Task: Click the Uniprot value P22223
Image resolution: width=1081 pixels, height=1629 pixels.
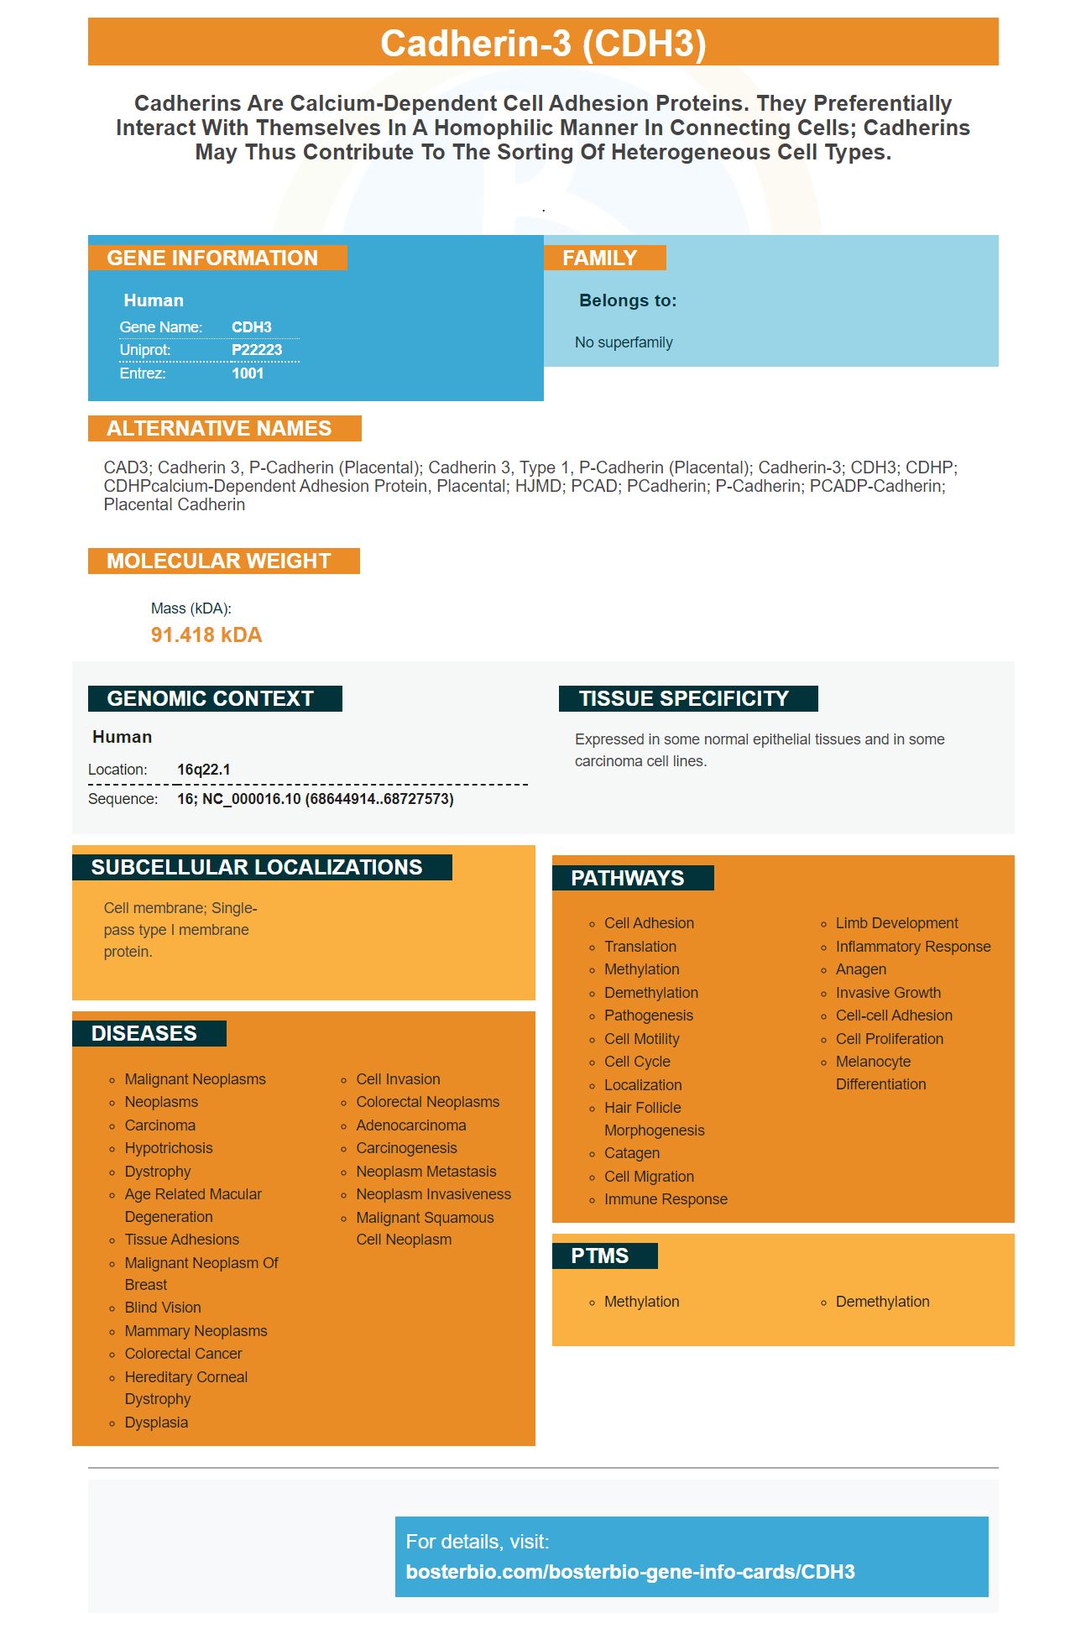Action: pos(257,350)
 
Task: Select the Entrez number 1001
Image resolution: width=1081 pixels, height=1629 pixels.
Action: pos(248,373)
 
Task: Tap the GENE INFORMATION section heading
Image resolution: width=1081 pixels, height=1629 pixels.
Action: pos(212,258)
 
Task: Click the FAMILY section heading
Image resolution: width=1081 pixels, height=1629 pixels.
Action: pos(599,258)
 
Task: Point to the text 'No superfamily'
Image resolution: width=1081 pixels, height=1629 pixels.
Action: pos(624,342)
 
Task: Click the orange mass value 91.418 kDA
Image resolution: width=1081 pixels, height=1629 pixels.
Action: pos(206,634)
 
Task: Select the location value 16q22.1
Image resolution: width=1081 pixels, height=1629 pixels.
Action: pos(204,770)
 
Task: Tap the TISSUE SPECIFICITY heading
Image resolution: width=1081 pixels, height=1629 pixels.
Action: pos(683,698)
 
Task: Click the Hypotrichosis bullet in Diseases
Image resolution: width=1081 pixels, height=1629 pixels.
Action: pos(169,1148)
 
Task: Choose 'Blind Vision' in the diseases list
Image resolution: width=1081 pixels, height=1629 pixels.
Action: pos(163,1308)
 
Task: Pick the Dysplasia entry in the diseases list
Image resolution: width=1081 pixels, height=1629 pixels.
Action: pos(156,1423)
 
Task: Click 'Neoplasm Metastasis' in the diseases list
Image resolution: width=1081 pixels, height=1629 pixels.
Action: pos(426,1172)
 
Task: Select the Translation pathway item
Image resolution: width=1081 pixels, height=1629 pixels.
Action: pos(640,947)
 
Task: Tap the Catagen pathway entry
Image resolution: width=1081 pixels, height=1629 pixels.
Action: pos(632,1153)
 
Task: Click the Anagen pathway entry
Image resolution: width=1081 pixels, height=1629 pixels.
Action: pos(861,969)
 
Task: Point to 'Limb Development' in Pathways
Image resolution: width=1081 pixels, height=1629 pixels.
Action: pos(896,923)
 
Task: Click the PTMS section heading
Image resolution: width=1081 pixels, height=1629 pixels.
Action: pos(599,1256)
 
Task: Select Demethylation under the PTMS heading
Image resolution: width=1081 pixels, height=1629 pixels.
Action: pos(882,1302)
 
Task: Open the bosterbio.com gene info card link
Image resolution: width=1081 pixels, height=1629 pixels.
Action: pos(630,1572)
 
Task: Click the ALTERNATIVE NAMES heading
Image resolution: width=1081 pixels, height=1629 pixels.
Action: pos(219,428)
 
